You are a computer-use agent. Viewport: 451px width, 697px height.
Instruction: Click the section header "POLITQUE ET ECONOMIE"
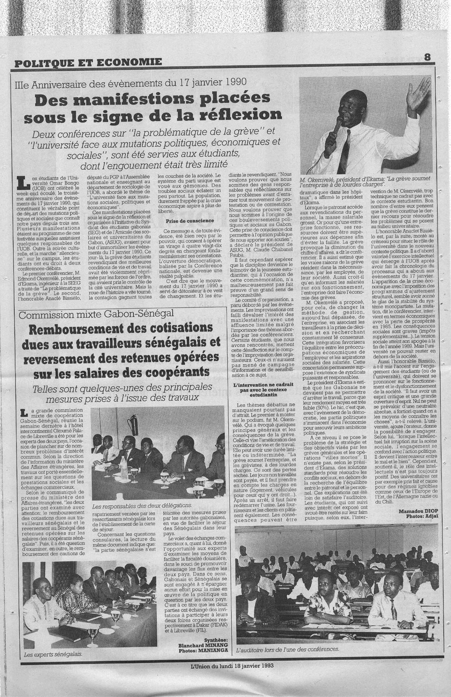pos(88,62)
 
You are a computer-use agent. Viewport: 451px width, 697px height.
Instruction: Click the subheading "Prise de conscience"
pos(182,221)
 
